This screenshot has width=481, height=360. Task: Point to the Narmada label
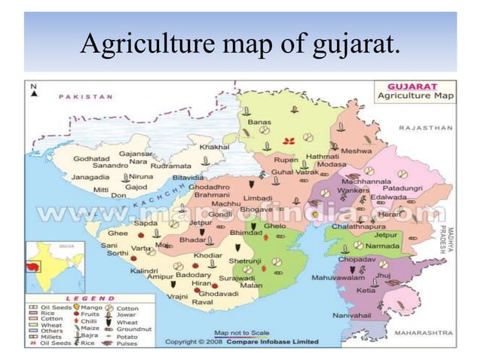click(x=384, y=246)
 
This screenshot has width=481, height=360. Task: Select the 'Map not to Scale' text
click(x=242, y=332)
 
